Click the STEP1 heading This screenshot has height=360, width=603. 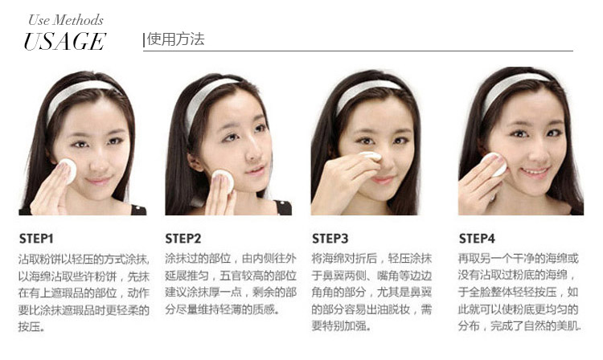point(36,239)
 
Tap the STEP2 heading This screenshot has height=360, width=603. point(183,239)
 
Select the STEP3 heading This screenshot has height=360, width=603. point(330,239)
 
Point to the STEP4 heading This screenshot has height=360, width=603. point(477,239)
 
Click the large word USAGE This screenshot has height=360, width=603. point(64,42)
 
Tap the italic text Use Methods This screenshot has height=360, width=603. point(66,20)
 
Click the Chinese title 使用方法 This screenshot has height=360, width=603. point(175,39)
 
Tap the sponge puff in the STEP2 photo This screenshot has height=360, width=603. point(223,180)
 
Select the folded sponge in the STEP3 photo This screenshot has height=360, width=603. point(371,156)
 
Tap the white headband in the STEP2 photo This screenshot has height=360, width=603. point(204,99)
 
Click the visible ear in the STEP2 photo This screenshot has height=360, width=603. point(195,162)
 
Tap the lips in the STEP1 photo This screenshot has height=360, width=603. point(98,180)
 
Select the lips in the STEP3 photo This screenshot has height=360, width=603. point(384,179)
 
